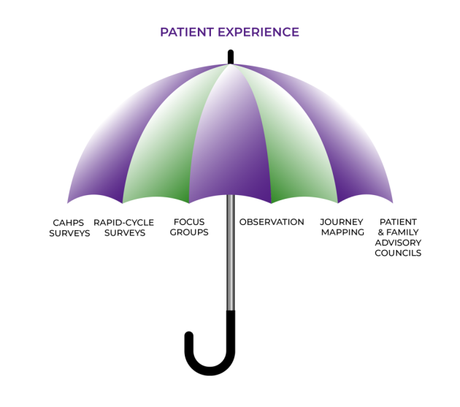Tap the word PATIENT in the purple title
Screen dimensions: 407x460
click(x=186, y=32)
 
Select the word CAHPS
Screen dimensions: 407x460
click(x=69, y=222)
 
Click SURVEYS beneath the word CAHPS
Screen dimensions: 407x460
click(x=69, y=233)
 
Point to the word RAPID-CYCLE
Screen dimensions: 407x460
click(x=123, y=222)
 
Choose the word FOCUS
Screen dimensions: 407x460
click(x=188, y=221)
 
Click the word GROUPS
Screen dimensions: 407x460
click(x=188, y=232)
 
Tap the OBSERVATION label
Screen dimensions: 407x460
click(x=272, y=221)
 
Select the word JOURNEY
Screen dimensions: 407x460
click(x=342, y=221)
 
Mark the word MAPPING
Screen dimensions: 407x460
click(x=342, y=232)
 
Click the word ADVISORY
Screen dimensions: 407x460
click(x=398, y=243)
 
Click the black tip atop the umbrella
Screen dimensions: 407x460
click(x=231, y=56)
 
